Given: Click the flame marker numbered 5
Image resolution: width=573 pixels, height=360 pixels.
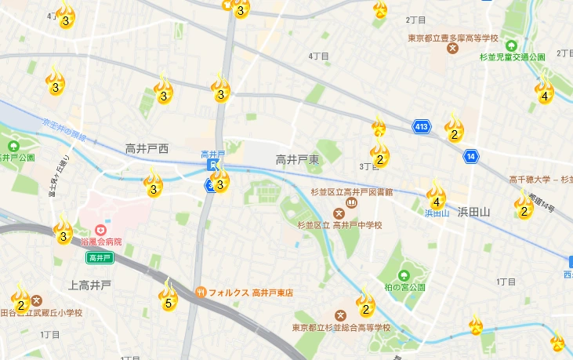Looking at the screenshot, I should pos(168,296).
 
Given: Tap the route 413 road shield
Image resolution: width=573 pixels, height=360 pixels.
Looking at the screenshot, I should pos(422,126).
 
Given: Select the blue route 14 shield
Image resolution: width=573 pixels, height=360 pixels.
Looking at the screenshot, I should pos(470,156).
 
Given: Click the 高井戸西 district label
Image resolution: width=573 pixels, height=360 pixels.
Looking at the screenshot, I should pos(147,148).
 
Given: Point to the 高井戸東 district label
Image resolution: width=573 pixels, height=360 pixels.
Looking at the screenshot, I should pos(297,159).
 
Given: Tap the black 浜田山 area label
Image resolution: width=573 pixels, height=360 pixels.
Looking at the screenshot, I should pos(473,212).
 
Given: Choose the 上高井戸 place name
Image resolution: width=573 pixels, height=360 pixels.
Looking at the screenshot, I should pos(90,285).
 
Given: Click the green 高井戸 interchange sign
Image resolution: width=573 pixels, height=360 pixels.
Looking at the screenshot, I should pos(100,257).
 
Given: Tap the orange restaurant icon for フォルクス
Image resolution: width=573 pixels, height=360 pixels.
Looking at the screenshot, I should pos(201,293).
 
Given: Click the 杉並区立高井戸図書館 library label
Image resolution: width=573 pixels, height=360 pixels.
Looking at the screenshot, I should pos(351,193).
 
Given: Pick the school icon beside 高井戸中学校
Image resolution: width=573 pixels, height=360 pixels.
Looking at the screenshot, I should pos(339,213).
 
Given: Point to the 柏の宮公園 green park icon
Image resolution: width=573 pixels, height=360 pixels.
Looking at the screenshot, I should pos(403,275).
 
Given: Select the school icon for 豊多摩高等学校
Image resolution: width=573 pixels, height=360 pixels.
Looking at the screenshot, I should pos(452,49).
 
